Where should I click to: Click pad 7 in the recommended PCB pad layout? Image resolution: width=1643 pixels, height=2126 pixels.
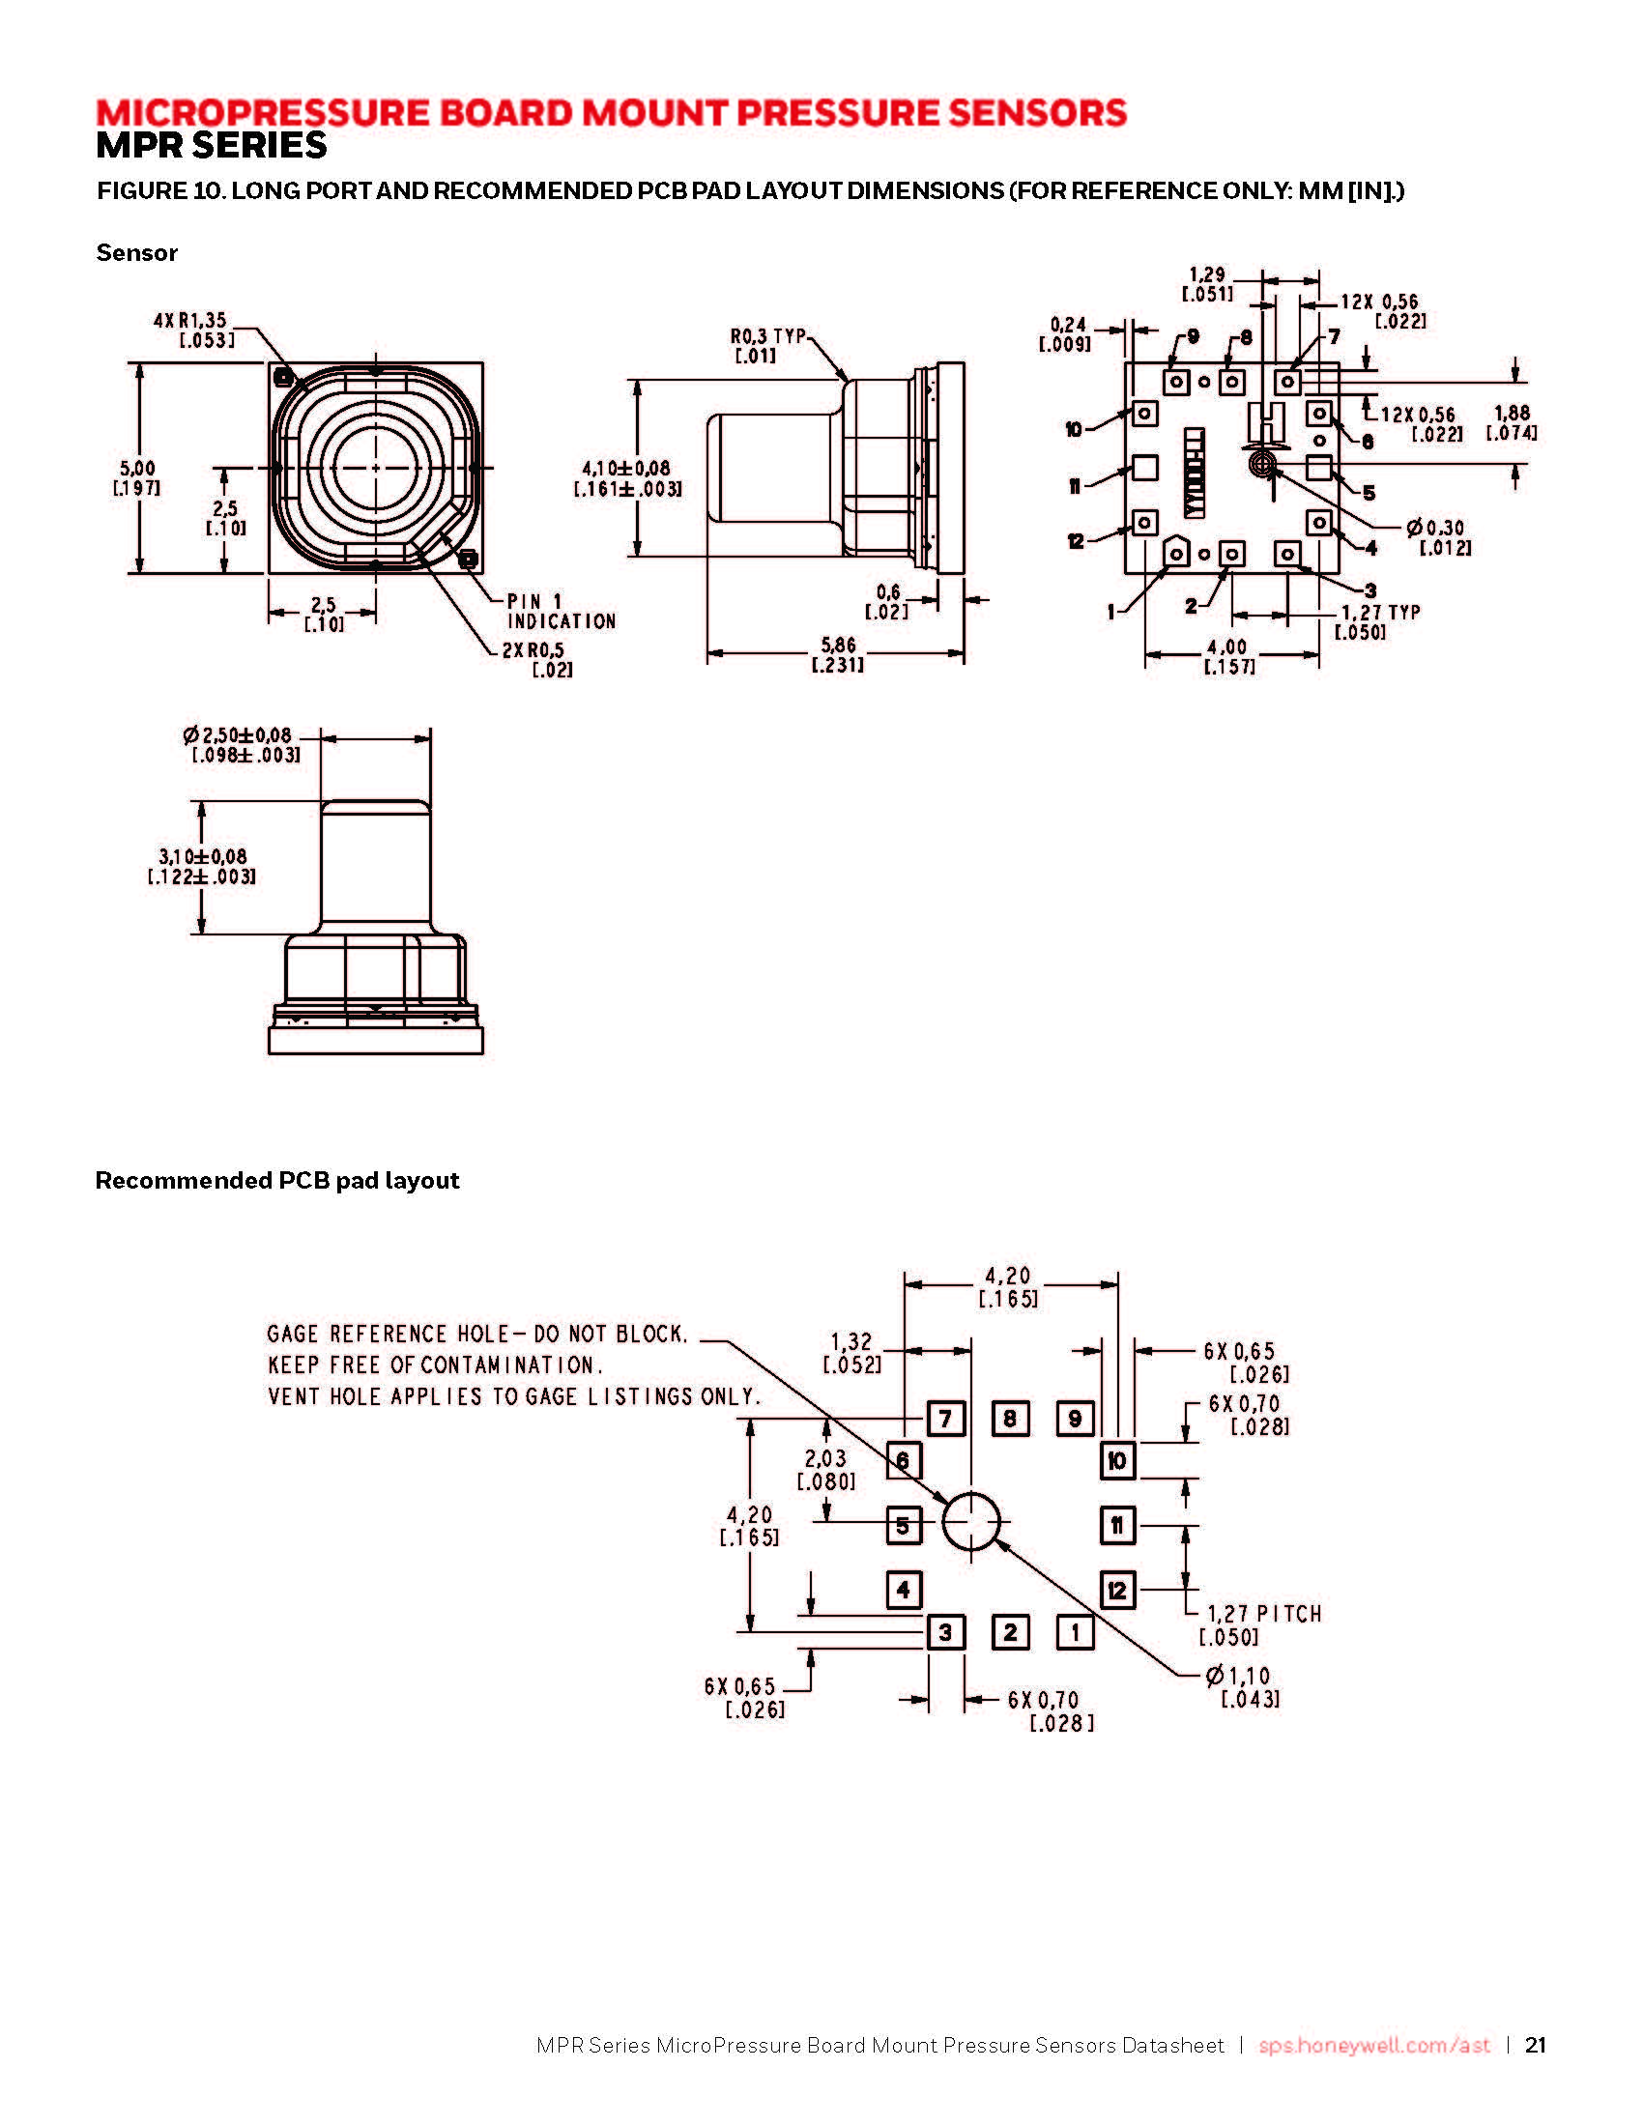945,1419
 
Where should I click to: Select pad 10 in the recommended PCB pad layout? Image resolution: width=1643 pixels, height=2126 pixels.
1117,1460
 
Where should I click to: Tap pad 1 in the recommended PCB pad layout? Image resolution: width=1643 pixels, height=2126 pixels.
1075,1632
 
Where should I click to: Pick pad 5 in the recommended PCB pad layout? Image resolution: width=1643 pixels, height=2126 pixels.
904,1525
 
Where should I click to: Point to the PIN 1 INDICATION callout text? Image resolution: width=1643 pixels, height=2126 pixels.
562,612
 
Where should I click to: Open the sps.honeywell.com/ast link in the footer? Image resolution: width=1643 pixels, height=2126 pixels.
1374,2045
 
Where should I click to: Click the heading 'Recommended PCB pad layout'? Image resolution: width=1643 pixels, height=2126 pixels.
277,1181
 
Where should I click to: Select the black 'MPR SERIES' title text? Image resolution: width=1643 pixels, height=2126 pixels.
212,146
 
